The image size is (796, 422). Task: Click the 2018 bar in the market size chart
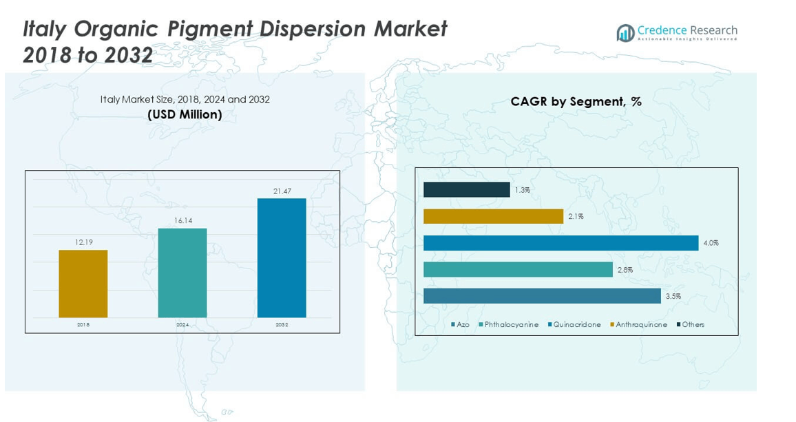[83, 283]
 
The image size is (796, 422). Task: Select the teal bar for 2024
[182, 273]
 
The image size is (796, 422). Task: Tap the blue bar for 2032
[282, 257]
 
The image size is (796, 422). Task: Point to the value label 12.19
[83, 242]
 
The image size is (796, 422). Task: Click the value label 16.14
[182, 221]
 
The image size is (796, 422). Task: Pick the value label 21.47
[282, 191]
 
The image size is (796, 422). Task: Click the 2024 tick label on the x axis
[182, 324]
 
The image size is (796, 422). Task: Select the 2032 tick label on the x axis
[282, 324]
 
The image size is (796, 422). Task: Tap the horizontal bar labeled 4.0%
[561, 243]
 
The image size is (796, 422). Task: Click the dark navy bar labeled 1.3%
[466, 189]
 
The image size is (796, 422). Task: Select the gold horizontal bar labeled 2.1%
[493, 216]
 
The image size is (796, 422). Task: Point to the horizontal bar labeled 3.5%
[542, 296]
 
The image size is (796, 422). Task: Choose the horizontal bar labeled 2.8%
[518, 270]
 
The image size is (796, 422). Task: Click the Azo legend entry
[460, 324]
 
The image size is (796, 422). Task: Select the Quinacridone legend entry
[574, 324]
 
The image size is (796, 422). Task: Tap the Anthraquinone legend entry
[638, 324]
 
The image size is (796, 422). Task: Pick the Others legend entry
[691, 324]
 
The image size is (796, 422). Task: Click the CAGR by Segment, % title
[576, 102]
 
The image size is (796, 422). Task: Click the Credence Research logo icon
[625, 32]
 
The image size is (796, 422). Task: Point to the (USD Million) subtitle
[185, 114]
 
